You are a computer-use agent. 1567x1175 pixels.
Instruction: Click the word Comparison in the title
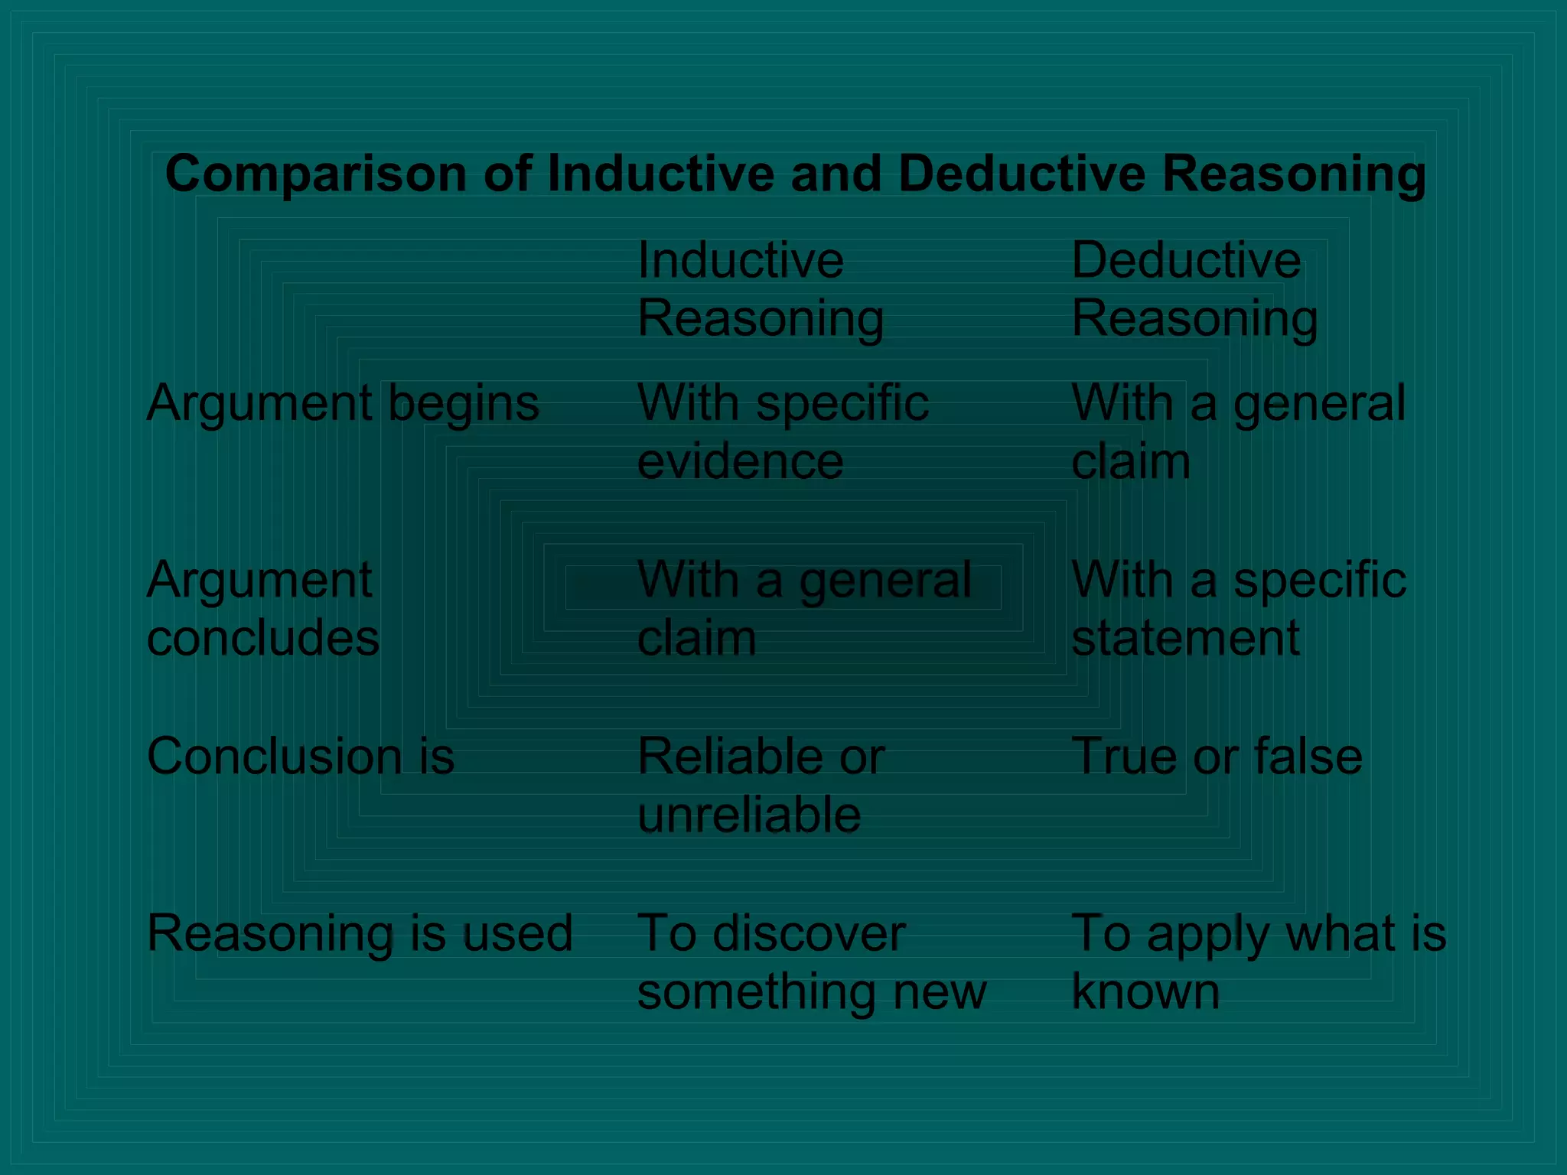point(315,175)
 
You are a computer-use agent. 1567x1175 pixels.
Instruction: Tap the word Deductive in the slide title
point(1021,174)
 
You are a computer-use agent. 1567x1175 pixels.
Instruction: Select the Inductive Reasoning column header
point(760,289)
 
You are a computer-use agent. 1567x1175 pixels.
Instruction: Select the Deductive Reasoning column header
point(1194,289)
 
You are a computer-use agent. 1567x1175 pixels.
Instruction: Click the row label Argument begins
point(343,404)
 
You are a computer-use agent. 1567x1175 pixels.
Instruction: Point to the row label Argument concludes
point(262,609)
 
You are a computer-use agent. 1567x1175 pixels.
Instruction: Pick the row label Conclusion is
point(301,757)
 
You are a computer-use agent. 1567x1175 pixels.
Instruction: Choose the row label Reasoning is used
point(360,933)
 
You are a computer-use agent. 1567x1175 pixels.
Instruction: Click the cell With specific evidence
point(783,432)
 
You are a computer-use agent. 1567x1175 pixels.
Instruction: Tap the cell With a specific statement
point(1238,609)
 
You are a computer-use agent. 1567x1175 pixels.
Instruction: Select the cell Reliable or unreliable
point(761,786)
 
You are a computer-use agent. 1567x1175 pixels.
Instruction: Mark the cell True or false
point(1217,757)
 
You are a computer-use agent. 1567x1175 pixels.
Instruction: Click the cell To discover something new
point(811,962)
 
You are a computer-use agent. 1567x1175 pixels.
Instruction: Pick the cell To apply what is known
point(1258,962)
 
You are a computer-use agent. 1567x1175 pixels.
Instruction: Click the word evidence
point(740,462)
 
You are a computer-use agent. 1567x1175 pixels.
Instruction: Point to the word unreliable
point(749,815)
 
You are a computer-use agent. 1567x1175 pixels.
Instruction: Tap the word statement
point(1185,638)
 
